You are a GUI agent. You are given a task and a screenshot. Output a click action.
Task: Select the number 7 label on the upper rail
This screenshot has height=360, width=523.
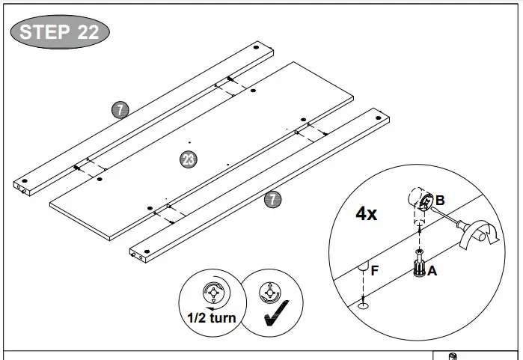120,110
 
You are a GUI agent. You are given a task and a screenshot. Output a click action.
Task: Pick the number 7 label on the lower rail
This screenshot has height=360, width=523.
273,199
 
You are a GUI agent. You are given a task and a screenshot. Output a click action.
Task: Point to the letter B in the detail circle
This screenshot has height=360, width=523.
440,200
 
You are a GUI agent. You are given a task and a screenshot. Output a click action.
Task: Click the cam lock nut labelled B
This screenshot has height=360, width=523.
422,201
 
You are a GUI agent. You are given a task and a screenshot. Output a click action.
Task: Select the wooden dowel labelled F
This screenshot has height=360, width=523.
362,266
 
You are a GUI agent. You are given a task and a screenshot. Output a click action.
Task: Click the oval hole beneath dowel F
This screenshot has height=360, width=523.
363,305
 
